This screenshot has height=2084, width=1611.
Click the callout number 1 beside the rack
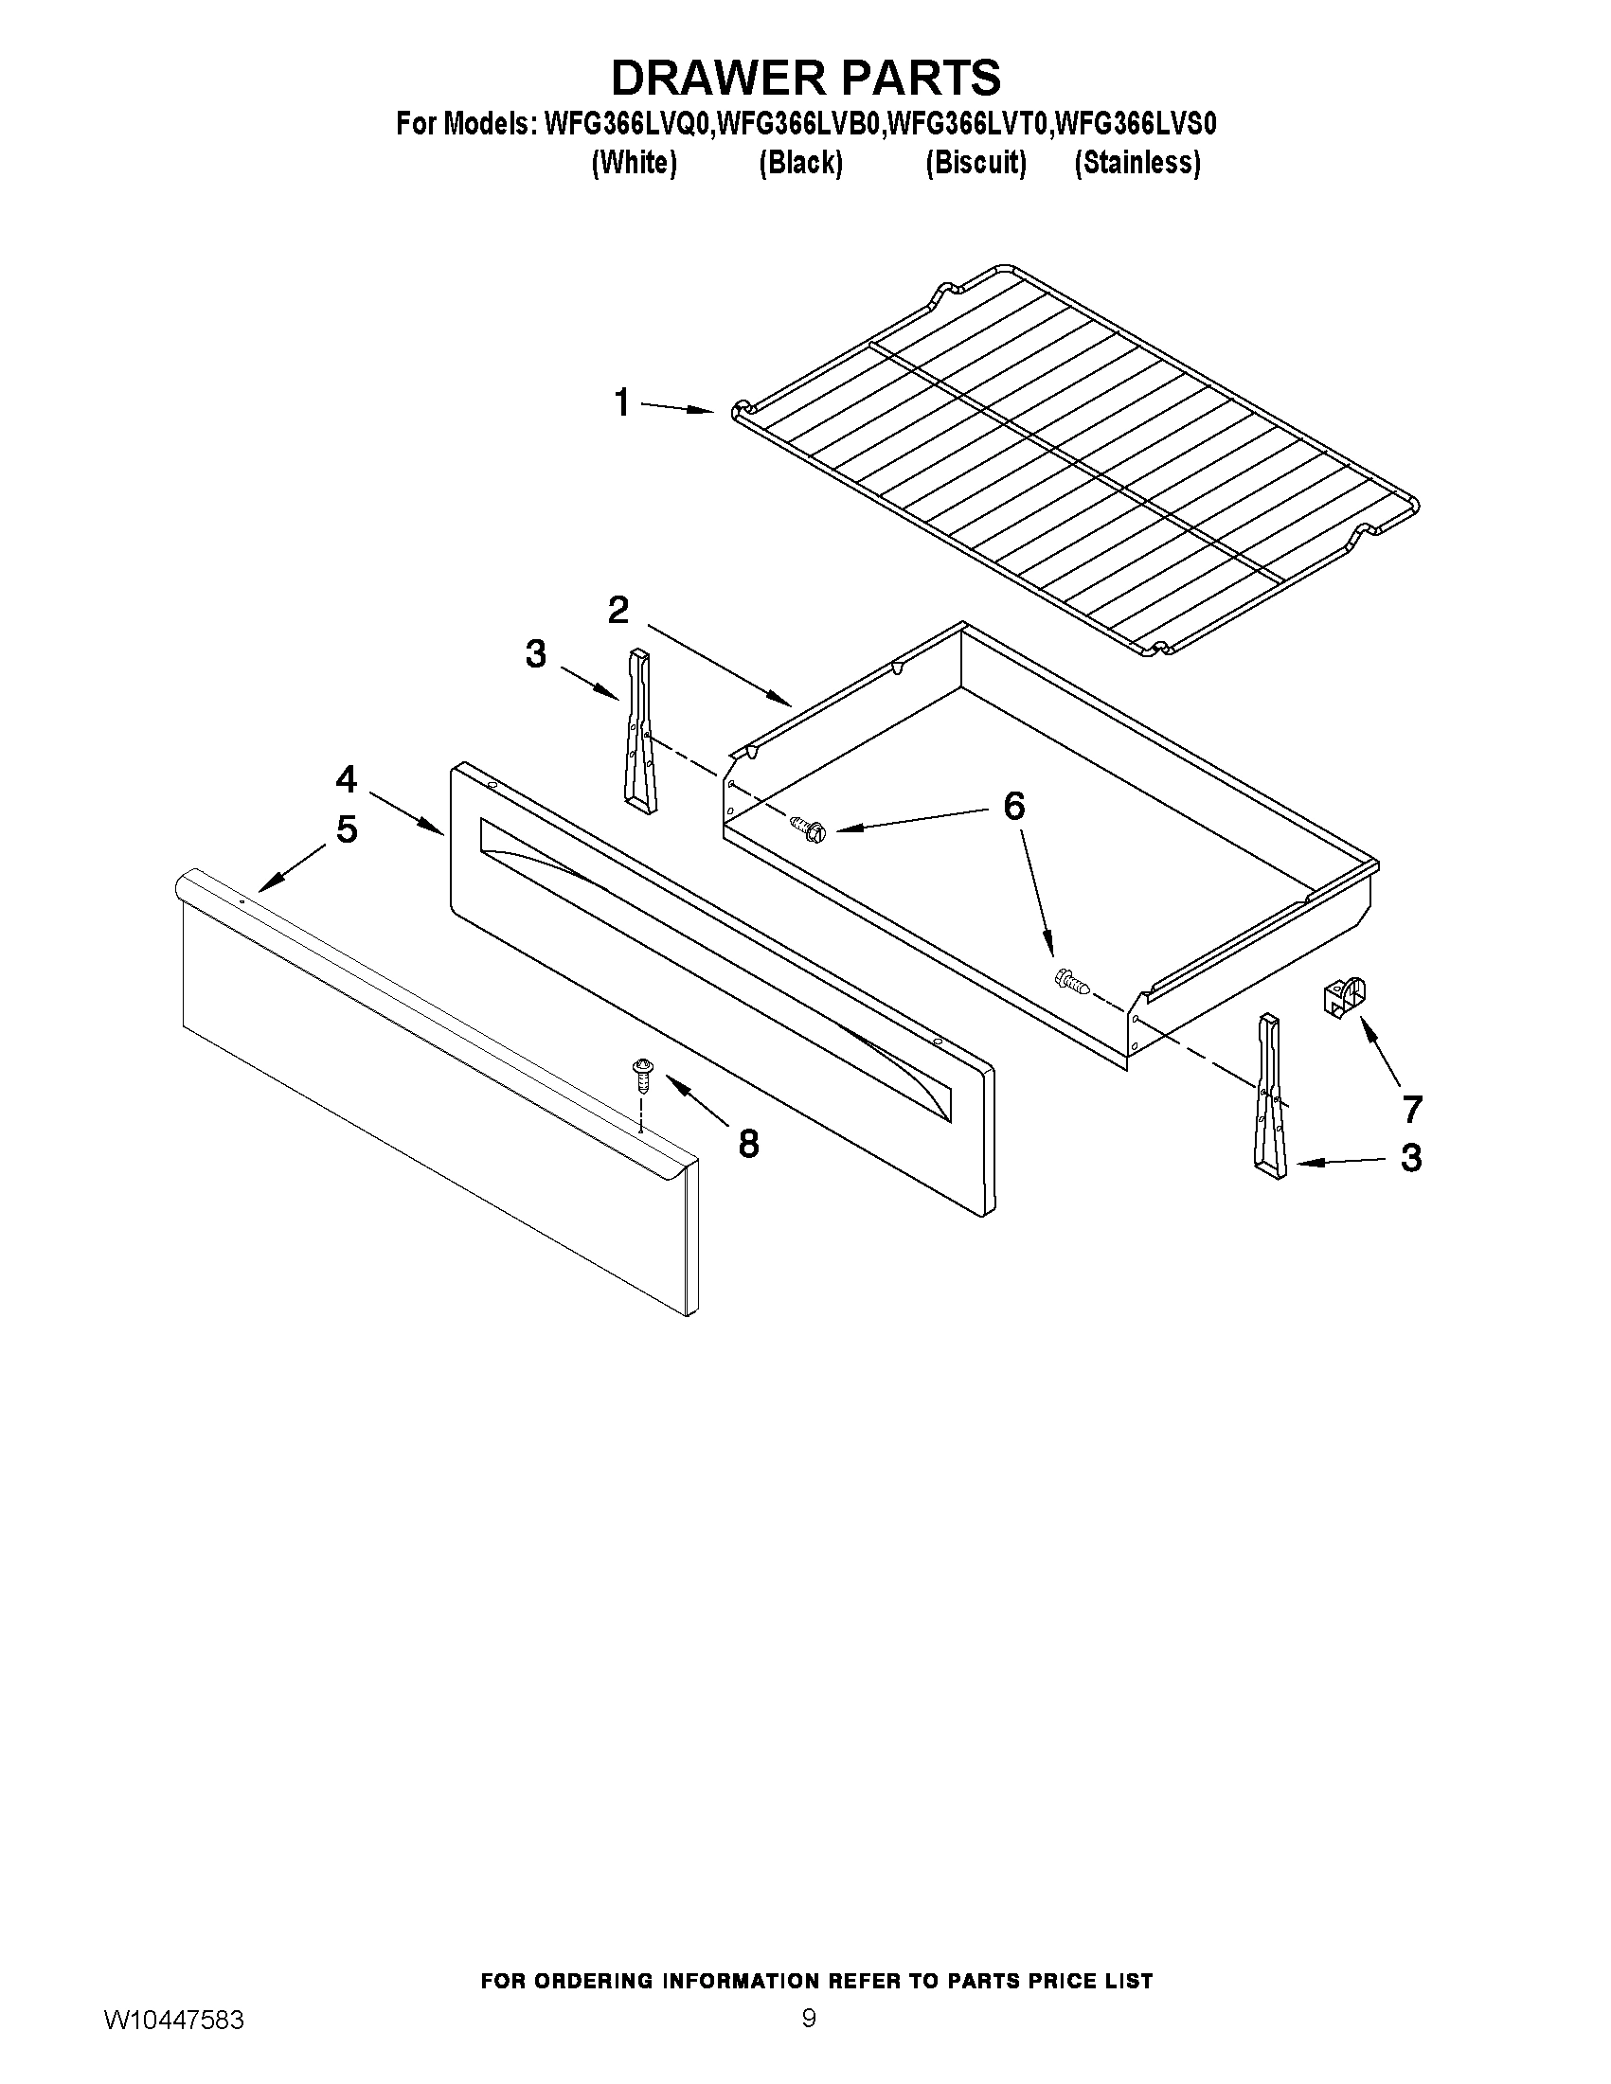point(622,402)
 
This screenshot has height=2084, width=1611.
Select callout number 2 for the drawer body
point(618,610)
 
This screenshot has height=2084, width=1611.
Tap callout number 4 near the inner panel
point(346,779)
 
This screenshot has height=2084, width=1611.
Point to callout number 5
point(347,829)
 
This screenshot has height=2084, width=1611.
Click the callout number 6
point(1013,807)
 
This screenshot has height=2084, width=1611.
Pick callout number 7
point(1411,1109)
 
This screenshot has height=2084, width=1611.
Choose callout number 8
point(748,1143)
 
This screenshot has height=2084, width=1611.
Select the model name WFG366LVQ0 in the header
point(627,124)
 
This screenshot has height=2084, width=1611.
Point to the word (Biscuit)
point(976,163)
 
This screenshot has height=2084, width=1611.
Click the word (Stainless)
point(1137,163)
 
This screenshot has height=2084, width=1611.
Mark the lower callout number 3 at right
point(1410,1158)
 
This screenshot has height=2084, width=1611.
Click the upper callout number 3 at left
point(535,654)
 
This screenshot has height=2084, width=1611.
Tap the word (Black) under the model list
point(799,163)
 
